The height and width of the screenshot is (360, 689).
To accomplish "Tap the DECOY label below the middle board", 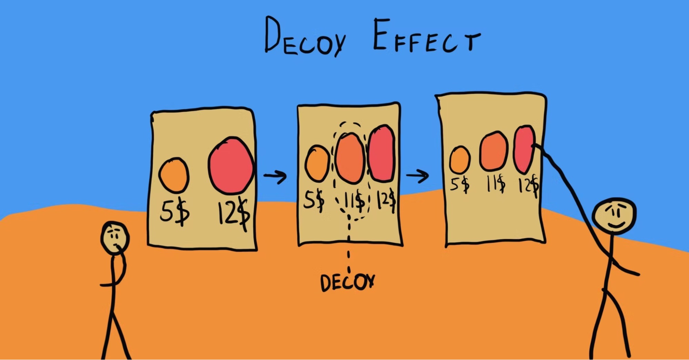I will coord(347,282).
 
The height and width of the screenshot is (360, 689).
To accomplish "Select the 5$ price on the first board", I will coord(174,212).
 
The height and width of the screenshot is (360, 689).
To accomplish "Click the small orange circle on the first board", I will coord(174,175).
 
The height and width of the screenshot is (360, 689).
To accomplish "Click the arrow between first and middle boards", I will coord(275,176).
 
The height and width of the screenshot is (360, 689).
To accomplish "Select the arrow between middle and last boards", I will coord(417,176).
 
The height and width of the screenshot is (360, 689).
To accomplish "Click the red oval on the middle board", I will coord(382,153).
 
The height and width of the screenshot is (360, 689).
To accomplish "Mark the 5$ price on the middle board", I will coord(313,200).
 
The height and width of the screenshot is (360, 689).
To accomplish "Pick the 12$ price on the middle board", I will coord(386,200).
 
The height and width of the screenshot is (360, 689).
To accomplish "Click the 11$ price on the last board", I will coord(496,184).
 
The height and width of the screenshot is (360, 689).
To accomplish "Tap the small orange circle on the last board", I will coord(460,160).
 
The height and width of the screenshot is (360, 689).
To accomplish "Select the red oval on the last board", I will coord(524,149).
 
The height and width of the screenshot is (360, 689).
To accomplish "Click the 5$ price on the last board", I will coord(460,184).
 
